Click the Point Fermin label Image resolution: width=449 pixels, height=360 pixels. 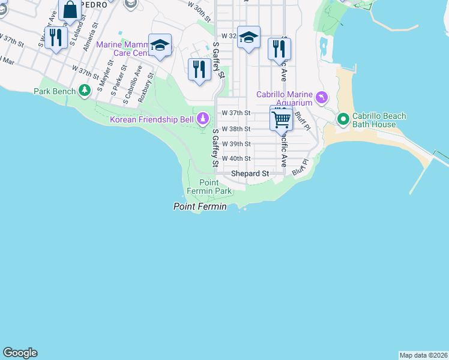[200, 206]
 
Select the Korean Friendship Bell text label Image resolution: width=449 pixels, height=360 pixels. [152, 119]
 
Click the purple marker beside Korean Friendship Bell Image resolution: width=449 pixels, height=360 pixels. [203, 119]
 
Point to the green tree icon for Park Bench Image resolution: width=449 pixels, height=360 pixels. [85, 91]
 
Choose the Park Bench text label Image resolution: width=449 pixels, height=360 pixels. [55, 91]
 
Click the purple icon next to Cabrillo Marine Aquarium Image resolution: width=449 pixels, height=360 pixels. [322, 97]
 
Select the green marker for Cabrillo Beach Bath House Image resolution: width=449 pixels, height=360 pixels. [343, 119]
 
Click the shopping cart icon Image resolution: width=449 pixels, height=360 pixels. [281, 119]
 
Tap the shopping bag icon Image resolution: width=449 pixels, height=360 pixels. [70, 10]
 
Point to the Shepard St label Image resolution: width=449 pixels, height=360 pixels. [250, 173]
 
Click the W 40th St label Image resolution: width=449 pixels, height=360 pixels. [236, 158]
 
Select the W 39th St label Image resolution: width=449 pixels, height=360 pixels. [236, 144]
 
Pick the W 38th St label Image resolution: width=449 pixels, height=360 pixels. [236, 128]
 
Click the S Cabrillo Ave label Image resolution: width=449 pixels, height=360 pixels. [131, 85]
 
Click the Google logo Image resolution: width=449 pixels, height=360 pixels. [20, 353]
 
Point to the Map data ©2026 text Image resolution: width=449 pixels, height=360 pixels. [423, 355]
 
